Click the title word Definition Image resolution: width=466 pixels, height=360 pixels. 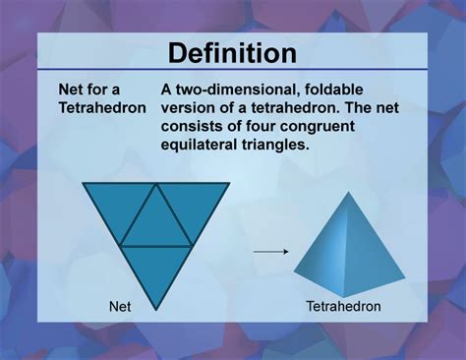tap(233, 52)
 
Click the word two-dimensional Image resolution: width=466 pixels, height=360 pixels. tap(245, 89)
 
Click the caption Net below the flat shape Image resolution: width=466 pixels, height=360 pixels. tap(119, 306)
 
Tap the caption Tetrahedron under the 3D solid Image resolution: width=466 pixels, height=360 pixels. tap(343, 306)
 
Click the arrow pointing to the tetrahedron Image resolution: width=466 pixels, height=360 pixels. tap(269, 252)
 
